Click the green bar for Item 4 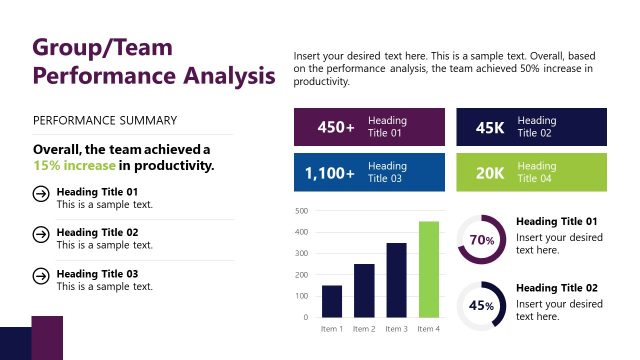click(428, 269)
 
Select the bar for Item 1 click(332, 301)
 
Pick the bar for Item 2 click(364, 290)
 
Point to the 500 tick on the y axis click(302, 211)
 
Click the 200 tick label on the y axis click(302, 275)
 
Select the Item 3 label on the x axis click(396, 329)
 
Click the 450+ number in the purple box click(335, 127)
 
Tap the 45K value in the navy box click(490, 127)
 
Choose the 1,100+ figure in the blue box click(330, 173)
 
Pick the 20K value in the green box click(490, 173)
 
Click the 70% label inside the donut click(482, 240)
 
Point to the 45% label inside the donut click(482, 306)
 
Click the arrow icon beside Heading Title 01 click(41, 196)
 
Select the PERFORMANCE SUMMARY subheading click(105, 121)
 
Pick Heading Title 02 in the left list click(97, 232)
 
